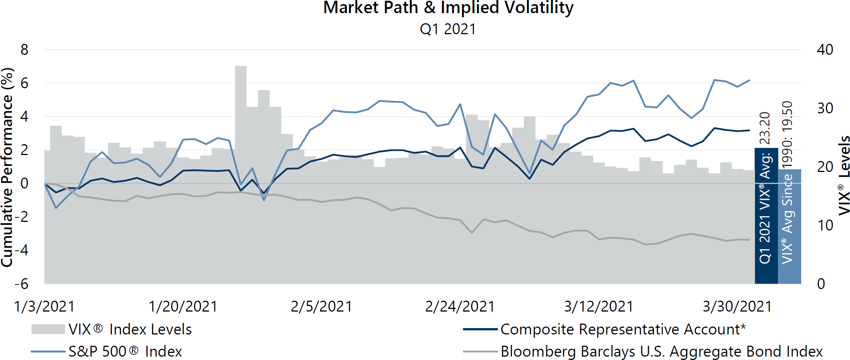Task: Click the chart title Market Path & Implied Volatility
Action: (x=448, y=8)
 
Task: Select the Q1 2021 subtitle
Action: (x=448, y=29)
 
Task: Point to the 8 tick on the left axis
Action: (x=24, y=50)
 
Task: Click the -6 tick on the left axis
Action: (x=22, y=284)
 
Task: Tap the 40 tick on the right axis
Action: (x=825, y=50)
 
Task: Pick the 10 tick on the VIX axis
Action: (x=825, y=225)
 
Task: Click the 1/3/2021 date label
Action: (x=44, y=307)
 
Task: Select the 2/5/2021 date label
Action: (x=321, y=307)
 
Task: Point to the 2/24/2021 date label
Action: (x=460, y=307)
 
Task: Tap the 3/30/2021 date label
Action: (x=737, y=307)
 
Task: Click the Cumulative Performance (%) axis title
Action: (x=8, y=167)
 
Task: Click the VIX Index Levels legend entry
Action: (x=113, y=330)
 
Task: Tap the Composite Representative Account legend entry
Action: (x=604, y=330)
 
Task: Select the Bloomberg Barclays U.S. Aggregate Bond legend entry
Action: (x=643, y=352)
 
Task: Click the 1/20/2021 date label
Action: (x=183, y=307)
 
